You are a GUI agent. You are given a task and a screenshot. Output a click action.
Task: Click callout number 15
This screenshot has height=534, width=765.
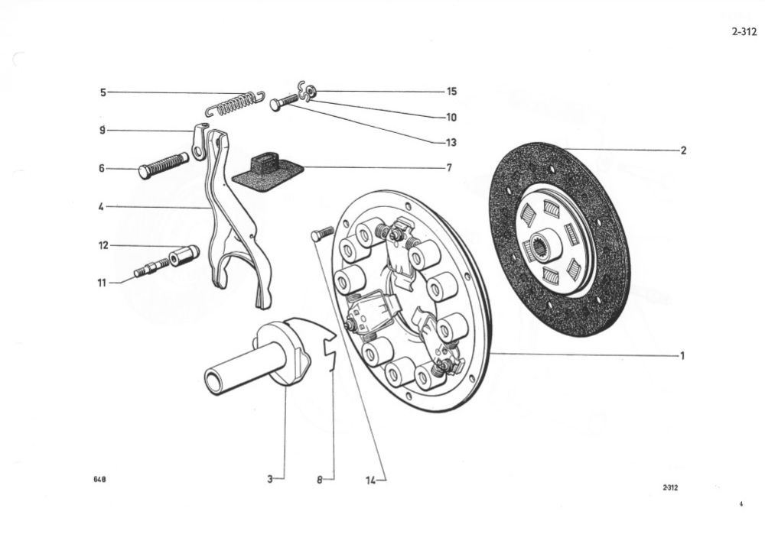pos(451,92)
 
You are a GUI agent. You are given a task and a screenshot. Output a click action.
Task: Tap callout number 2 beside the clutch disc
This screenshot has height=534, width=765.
pos(683,150)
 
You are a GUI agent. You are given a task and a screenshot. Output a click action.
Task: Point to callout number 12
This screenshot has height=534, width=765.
pos(103,246)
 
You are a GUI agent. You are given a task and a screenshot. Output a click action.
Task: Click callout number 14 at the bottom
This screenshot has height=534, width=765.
pos(371,480)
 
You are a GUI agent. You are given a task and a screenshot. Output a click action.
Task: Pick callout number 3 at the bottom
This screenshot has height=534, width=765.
pos(270,480)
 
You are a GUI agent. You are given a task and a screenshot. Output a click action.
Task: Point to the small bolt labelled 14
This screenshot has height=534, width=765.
pos(321,234)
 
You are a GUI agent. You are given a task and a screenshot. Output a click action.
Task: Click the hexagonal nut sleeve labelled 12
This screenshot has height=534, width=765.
pos(185,255)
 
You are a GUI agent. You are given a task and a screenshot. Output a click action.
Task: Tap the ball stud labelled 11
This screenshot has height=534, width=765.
pos(151,269)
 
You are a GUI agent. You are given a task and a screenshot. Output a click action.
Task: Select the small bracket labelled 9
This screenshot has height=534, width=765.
pos(199,141)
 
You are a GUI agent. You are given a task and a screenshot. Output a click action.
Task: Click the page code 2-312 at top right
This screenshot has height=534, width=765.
pos(744,32)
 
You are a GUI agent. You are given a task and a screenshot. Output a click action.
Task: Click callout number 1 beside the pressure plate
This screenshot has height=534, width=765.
pos(682,355)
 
